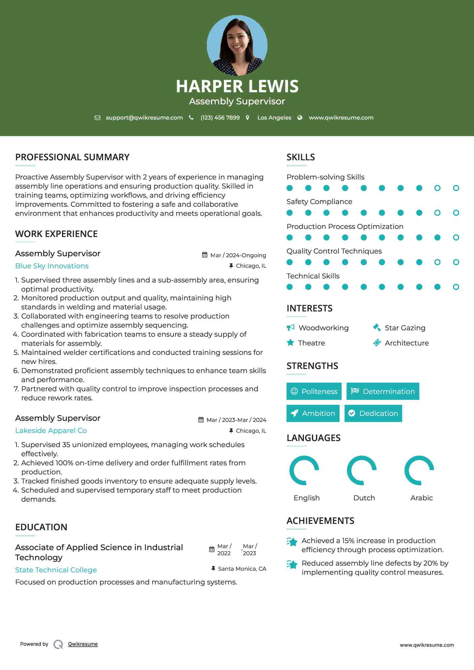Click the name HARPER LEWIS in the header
[x=237, y=86]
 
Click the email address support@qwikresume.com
[x=144, y=118]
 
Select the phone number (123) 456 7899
[x=220, y=118]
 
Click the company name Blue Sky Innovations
[x=52, y=266]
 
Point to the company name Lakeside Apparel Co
[x=51, y=431]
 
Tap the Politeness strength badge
[x=314, y=391]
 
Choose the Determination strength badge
[x=383, y=391]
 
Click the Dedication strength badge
[x=373, y=413]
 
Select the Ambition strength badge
[x=313, y=413]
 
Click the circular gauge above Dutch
[x=362, y=470]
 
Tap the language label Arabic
[x=421, y=498]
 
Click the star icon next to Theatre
[x=290, y=343]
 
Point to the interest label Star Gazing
[x=405, y=328]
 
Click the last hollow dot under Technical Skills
[x=456, y=287]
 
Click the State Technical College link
[x=56, y=570]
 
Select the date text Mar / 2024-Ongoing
[x=238, y=255]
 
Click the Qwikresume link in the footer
[x=83, y=644]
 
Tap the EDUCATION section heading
[x=41, y=527]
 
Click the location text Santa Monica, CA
[x=242, y=569]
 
